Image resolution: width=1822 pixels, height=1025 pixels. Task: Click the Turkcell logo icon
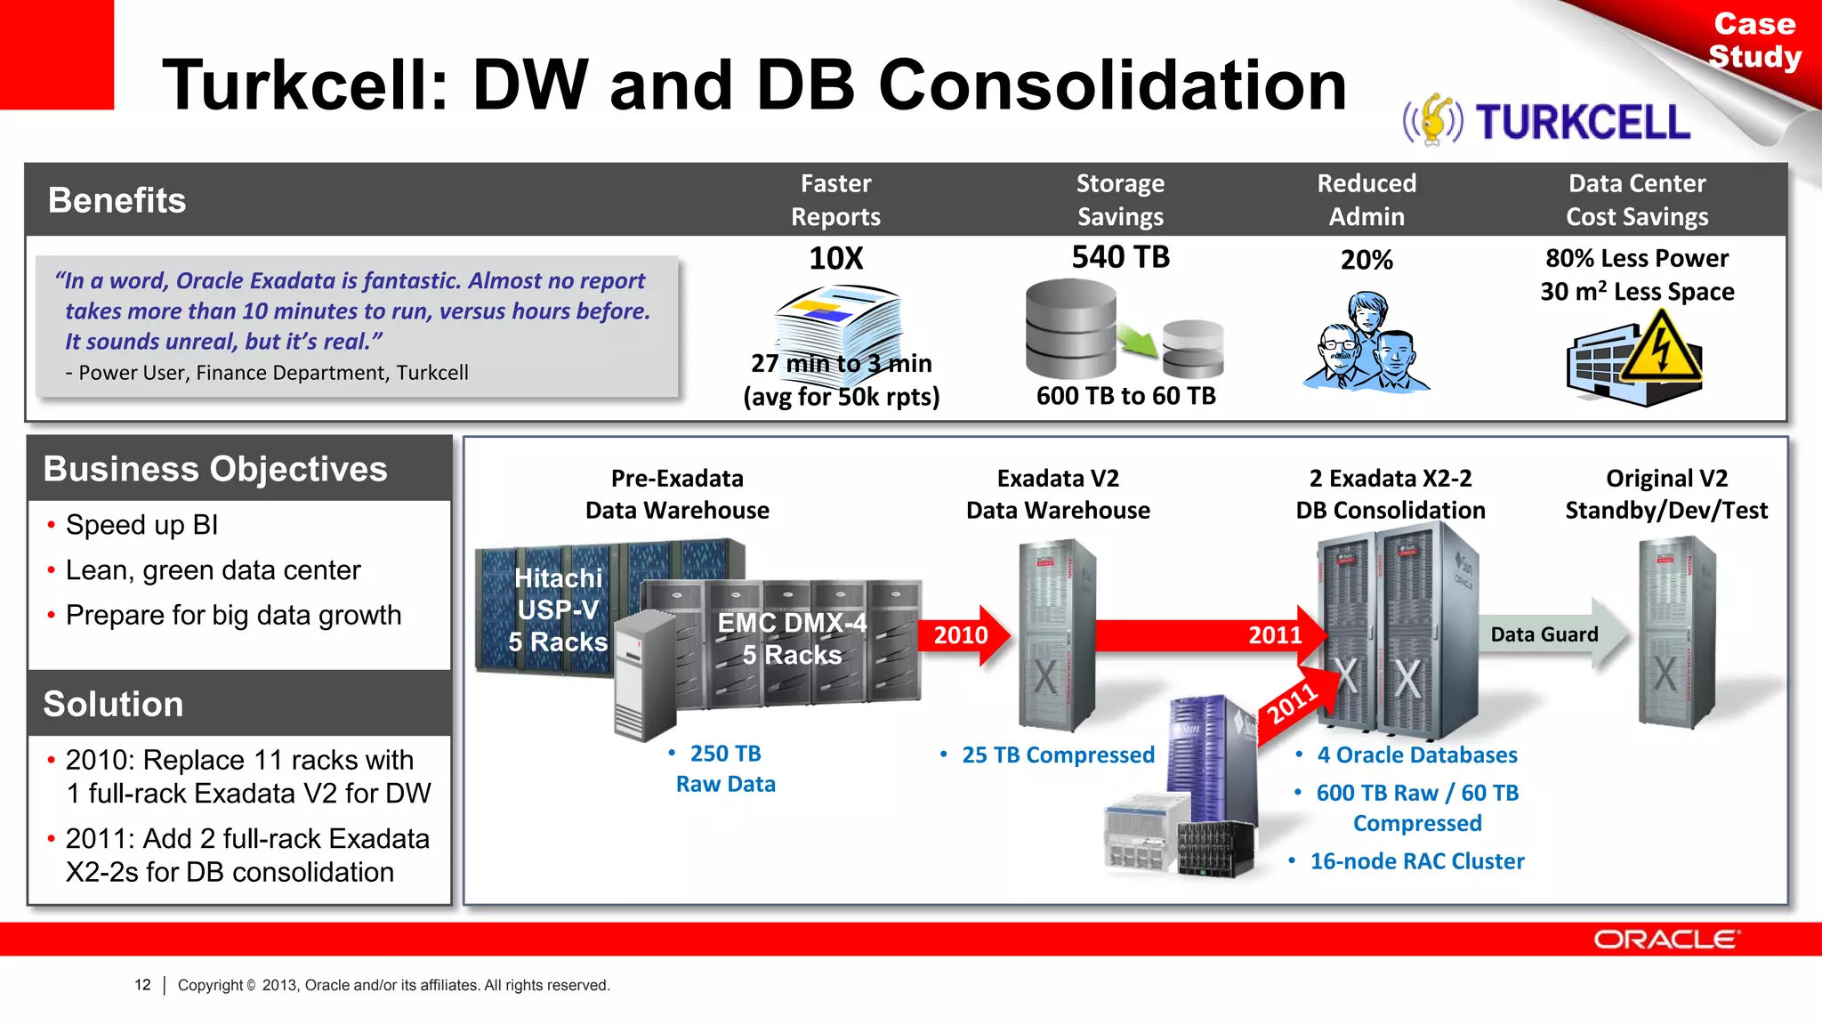[x=1433, y=120]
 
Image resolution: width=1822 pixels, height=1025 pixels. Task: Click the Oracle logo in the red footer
[x=1665, y=940]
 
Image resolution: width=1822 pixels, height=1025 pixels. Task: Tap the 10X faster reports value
[x=835, y=258]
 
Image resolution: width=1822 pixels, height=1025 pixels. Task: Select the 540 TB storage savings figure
[x=1120, y=257]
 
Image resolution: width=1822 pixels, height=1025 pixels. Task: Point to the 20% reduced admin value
[x=1366, y=260]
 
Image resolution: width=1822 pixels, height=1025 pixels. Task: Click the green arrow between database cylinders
[x=1138, y=340]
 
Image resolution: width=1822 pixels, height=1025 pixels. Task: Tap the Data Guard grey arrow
[x=1552, y=634]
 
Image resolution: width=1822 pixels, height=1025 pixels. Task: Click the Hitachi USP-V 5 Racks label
[x=558, y=610]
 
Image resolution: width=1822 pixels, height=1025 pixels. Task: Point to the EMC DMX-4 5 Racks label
[x=792, y=639]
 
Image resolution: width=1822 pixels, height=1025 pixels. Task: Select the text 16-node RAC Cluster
[x=1416, y=861]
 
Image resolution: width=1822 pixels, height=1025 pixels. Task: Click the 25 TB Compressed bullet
[x=1057, y=755]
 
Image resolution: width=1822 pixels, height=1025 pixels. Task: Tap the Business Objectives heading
[x=215, y=469]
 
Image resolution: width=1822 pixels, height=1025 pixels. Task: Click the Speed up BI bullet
[x=141, y=525]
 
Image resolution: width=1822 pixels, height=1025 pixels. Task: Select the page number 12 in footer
[x=142, y=985]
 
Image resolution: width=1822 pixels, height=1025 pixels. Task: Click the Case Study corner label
[x=1754, y=40]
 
